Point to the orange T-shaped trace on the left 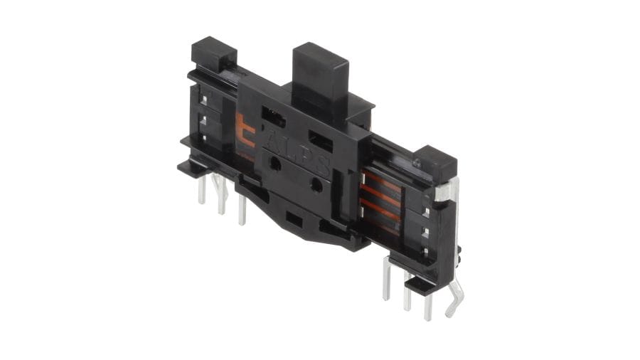pyautogui.click(x=246, y=132)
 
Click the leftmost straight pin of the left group pyautogui.click(x=202, y=189)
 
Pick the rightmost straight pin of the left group pyautogui.click(x=242, y=209)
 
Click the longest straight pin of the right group pyautogui.click(x=387, y=280)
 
